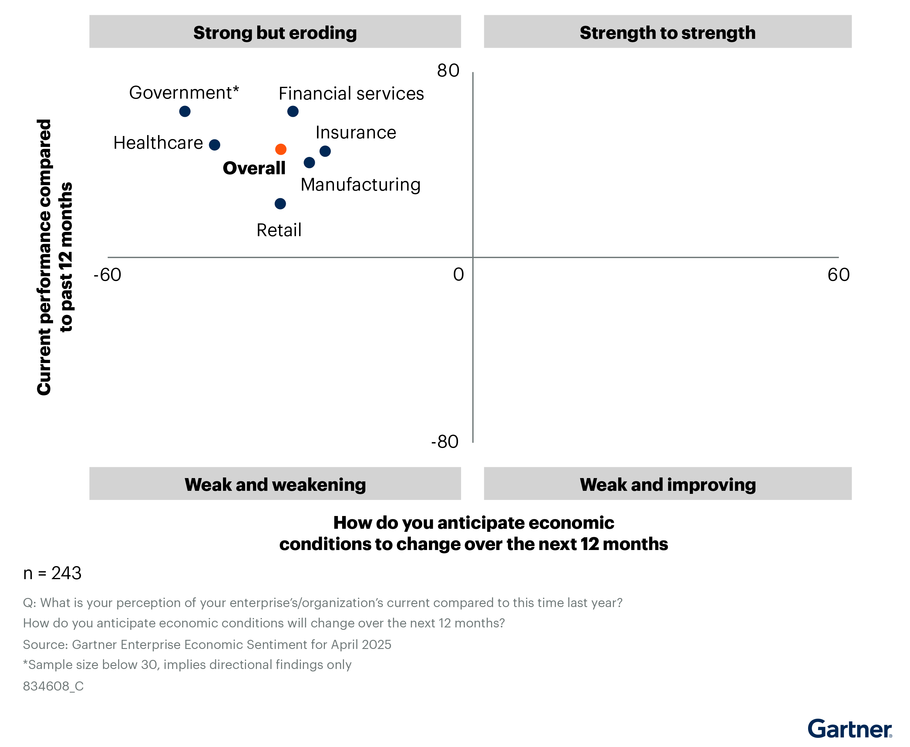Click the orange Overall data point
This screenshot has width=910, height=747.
(281, 149)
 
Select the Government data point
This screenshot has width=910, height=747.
(185, 111)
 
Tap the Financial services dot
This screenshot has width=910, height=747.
(293, 111)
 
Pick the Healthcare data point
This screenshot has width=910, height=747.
(214, 144)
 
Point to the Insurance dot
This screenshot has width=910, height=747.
(325, 151)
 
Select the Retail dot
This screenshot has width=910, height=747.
(280, 204)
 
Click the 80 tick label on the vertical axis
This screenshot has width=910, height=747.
(448, 70)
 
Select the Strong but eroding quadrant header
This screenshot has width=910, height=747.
(275, 32)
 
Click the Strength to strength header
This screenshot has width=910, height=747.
(667, 32)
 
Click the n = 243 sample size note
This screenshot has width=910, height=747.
(52, 573)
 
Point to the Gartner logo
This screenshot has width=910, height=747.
(849, 729)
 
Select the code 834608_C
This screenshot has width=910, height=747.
(53, 686)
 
